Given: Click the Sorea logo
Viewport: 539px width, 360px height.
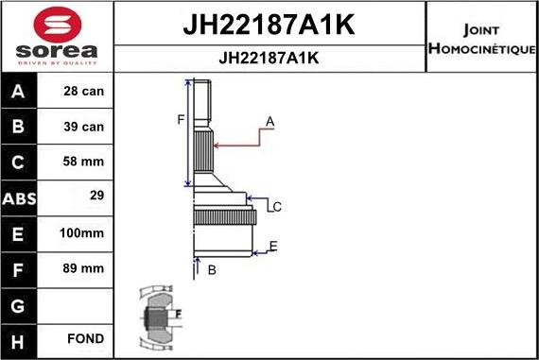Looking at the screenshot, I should click(56, 37).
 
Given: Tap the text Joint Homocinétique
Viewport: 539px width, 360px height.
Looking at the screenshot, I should click(483, 38).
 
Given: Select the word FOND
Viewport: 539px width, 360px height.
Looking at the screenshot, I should click(86, 338).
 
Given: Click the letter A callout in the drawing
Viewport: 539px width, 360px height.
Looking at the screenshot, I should click(269, 121).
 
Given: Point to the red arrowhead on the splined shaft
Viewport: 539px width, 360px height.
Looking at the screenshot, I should click(218, 146).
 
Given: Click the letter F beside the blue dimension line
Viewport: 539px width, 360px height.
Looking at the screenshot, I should click(180, 119).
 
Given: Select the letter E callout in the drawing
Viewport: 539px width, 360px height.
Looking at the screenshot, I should click(272, 247).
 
